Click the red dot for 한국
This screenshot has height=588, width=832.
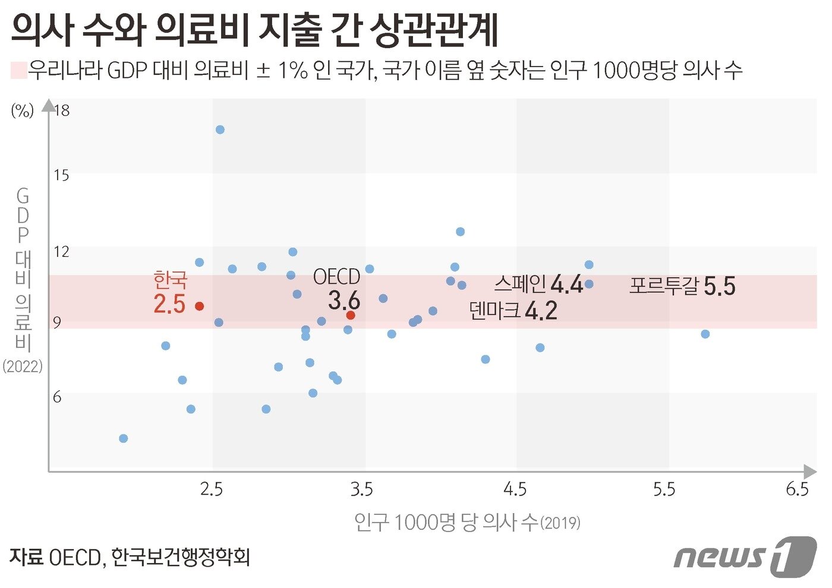200,306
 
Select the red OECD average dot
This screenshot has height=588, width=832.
351,315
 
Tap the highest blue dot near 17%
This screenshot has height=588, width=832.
220,130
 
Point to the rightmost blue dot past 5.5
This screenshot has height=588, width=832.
705,334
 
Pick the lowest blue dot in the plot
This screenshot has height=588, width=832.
124,439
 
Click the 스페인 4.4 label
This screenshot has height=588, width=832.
538,284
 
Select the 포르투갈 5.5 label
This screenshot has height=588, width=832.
682,286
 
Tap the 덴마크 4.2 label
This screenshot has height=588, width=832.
513,310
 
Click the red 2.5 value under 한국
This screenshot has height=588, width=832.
169,304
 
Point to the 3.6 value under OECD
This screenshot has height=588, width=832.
344,301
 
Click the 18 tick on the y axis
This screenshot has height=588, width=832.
62,110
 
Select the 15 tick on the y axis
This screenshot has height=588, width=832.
61,175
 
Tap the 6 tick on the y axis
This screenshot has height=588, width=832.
57,397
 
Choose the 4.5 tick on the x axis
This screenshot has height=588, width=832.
515,489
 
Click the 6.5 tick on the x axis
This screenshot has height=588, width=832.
798,489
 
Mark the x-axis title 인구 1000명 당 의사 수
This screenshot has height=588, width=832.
467,523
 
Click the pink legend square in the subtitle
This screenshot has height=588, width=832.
19,70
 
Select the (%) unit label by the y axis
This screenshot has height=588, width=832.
23,111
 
